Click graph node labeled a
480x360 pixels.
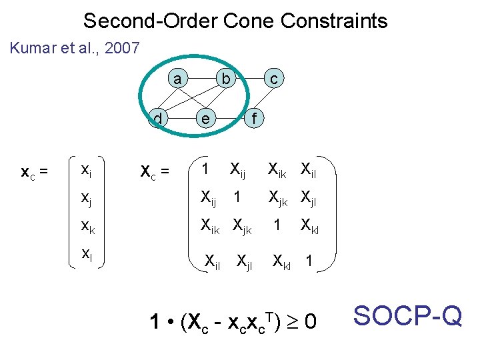coord(177,79)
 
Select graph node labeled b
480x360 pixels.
coord(226,79)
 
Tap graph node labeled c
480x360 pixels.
coord(273,79)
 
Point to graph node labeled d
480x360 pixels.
coord(158,119)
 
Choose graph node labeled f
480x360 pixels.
coord(253,119)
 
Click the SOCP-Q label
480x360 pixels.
coord(407,315)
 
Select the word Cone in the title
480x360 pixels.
coord(249,21)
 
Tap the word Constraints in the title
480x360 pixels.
coord(334,21)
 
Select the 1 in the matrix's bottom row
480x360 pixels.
coord(309,262)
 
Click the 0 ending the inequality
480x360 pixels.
coord(310,323)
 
